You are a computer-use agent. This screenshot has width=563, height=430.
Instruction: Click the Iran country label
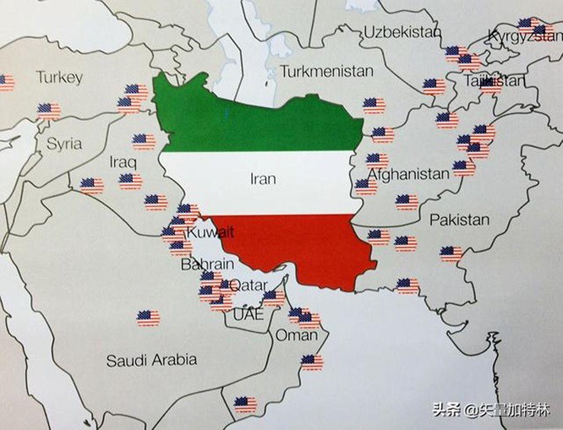click(x=264, y=178)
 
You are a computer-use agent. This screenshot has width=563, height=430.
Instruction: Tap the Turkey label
click(x=59, y=78)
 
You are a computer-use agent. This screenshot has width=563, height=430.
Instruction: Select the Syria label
click(x=64, y=143)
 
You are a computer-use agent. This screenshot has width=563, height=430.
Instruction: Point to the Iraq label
click(x=123, y=161)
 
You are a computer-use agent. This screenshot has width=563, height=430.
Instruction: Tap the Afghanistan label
click(x=408, y=173)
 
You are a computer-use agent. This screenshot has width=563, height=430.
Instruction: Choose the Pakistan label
click(x=459, y=220)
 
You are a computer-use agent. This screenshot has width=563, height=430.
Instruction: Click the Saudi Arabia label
click(x=151, y=360)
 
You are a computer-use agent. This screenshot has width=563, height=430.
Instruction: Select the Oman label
click(x=297, y=335)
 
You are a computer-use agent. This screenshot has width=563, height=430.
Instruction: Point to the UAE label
click(x=248, y=315)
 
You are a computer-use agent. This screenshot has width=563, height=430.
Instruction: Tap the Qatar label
click(x=249, y=285)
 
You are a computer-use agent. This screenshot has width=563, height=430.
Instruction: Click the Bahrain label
click(x=202, y=265)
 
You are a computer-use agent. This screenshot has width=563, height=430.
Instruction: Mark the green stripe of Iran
click(x=254, y=118)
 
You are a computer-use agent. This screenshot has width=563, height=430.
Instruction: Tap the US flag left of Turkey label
click(x=5, y=82)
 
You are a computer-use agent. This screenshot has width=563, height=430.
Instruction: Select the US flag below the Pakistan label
click(x=451, y=253)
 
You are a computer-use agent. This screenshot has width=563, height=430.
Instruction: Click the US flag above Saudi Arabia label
click(x=148, y=318)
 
